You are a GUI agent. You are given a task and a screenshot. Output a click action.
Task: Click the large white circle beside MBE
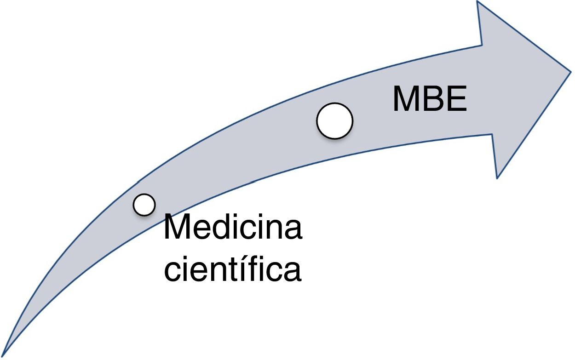click(334, 120)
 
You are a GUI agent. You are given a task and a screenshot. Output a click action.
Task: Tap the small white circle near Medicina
click(144, 204)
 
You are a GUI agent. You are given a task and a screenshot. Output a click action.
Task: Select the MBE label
click(430, 100)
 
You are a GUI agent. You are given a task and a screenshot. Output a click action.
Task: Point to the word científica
click(233, 270)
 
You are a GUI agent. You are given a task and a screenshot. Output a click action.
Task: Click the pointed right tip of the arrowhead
click(570, 71)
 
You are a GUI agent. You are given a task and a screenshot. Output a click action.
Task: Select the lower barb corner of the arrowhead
click(497, 177)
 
